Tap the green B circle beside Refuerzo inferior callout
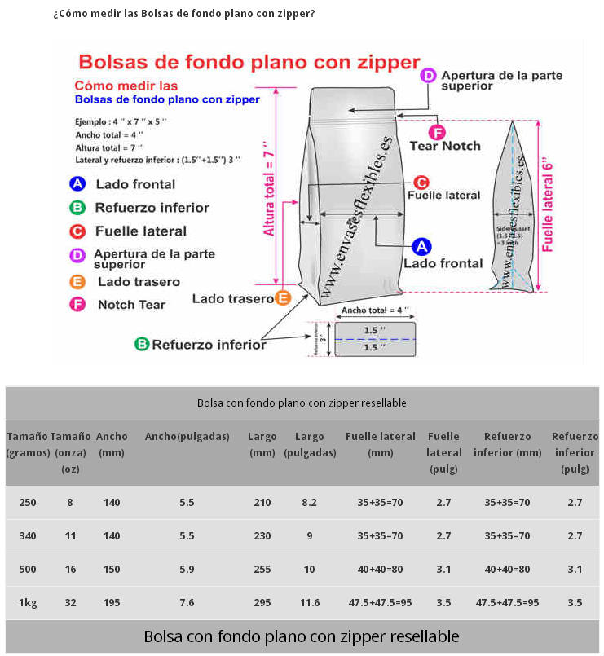(141, 345)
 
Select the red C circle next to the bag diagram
(421, 183)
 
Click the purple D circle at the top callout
(429, 76)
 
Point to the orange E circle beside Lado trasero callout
(283, 298)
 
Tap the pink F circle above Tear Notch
(437, 133)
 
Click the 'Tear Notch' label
(445, 147)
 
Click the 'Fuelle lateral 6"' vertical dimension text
(548, 200)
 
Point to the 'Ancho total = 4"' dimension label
(375, 310)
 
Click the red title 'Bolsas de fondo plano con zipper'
(249, 62)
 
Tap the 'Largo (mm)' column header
(262, 444)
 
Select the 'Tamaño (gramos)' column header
(27, 444)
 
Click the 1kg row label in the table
(27, 603)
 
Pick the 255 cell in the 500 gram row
(262, 570)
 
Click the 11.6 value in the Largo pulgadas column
(310, 603)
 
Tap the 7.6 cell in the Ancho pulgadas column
(187, 603)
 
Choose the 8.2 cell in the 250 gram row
(310, 503)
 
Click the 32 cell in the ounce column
(70, 603)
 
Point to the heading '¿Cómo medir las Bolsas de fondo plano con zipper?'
(184, 15)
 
